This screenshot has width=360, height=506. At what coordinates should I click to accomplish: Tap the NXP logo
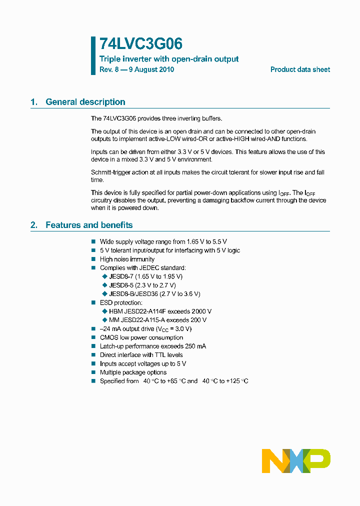296,461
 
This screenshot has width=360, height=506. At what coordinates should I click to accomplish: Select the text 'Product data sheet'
300,69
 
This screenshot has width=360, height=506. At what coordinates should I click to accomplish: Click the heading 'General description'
85,102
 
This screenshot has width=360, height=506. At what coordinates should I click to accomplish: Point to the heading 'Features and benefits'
89,225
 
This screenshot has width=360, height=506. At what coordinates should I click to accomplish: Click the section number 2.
33,225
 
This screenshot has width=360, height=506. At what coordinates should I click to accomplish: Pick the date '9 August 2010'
151,69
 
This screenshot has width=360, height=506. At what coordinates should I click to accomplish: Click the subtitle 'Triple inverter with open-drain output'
169,59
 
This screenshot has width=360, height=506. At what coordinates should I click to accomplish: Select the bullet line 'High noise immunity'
127,259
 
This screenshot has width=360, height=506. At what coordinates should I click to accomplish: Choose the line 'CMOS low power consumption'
141,337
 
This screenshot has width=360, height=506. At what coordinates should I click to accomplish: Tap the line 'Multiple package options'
133,372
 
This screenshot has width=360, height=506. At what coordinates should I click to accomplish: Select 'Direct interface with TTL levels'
141,355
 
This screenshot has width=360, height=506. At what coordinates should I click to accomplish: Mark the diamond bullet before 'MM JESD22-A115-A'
104,320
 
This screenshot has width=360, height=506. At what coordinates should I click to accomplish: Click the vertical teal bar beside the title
93,55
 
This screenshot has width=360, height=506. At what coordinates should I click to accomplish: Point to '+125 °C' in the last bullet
236,381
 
